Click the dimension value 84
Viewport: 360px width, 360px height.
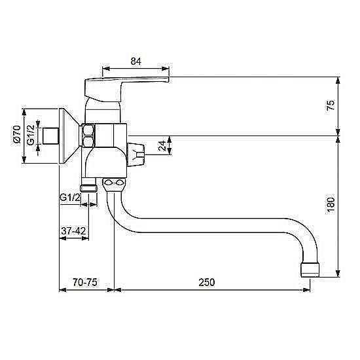click(136, 62)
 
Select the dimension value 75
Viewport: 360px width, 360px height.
click(331, 105)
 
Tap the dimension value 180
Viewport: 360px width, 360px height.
click(331, 206)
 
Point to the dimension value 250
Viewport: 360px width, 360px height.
click(207, 282)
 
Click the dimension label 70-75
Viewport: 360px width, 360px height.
click(85, 282)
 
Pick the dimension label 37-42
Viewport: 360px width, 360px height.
click(73, 230)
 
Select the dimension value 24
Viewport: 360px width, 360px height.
click(163, 145)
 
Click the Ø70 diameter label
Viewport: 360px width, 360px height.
click(17, 134)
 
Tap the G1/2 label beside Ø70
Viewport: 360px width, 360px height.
click(31, 135)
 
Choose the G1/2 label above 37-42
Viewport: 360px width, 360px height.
click(70, 197)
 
